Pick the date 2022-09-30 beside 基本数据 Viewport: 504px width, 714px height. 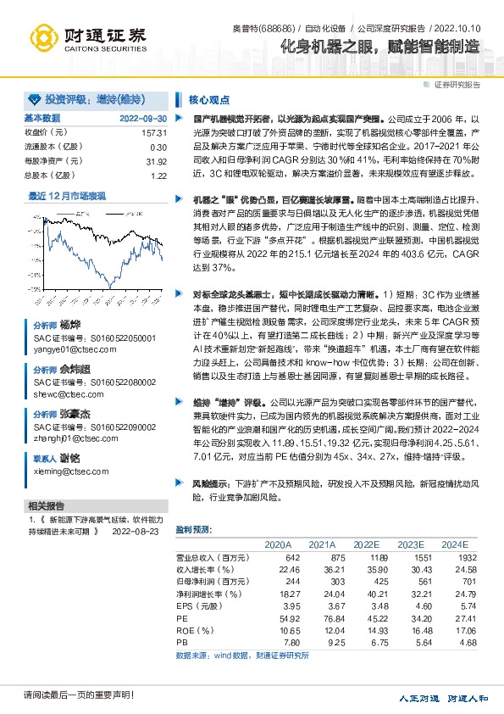point(143,118)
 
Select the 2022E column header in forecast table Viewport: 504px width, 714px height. point(366,544)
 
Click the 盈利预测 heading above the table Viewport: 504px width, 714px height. point(195,529)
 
